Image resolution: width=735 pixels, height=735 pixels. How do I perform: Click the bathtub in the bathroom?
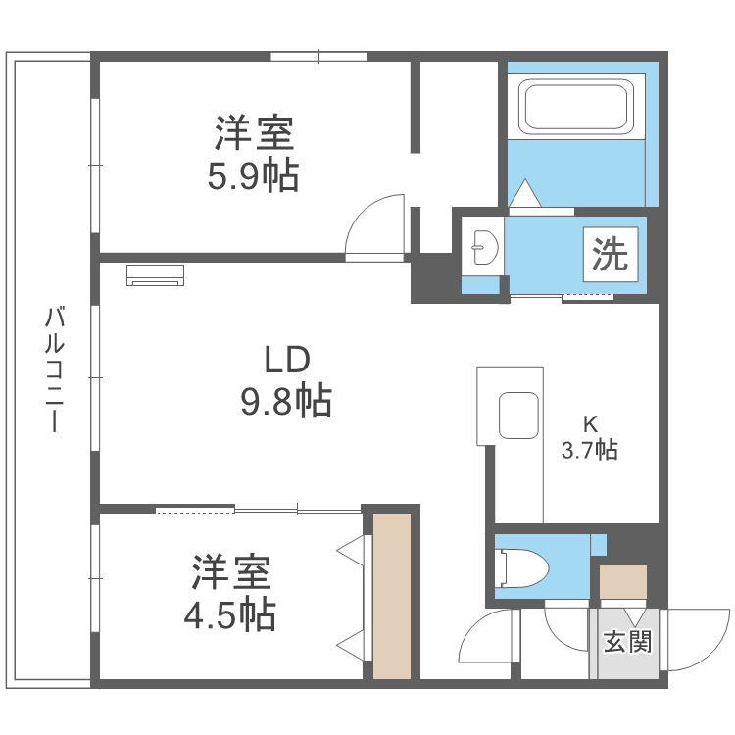click(577, 107)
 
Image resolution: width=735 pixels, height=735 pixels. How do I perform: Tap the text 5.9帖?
click(253, 176)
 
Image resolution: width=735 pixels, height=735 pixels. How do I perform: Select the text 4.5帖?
click(230, 614)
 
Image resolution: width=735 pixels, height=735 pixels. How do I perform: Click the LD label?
click(286, 360)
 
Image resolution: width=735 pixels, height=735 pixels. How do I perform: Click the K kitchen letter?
click(590, 424)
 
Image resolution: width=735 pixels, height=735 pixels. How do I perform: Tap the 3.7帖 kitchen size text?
click(589, 451)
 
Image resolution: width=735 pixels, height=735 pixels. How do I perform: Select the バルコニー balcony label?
click(55, 369)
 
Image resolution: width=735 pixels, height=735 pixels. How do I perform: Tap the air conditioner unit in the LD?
click(156, 274)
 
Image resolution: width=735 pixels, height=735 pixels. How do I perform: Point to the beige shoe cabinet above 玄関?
click(623, 583)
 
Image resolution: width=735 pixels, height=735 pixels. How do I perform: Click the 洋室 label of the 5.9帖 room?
click(255, 133)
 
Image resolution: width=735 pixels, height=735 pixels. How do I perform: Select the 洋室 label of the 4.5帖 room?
click(230, 572)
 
